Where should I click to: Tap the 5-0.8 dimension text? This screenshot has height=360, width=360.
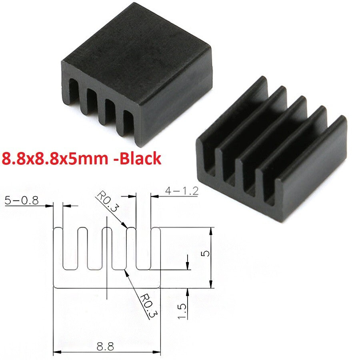pyautogui.click(x=22, y=200)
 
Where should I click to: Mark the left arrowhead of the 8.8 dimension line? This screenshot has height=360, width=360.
pyautogui.click(x=56, y=352)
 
